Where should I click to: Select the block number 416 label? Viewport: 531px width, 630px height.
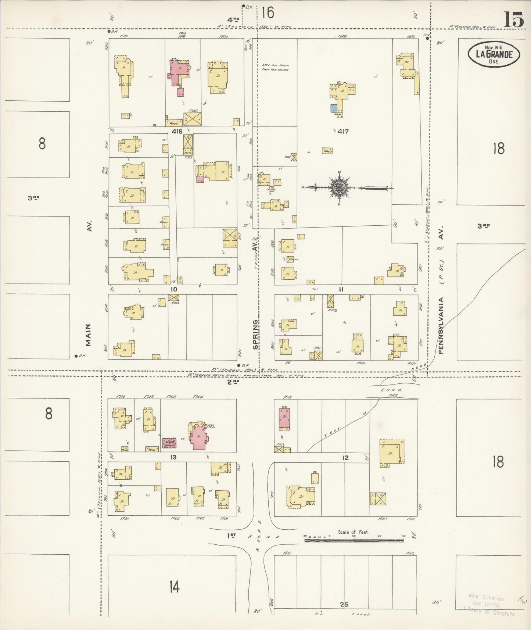tap(176, 131)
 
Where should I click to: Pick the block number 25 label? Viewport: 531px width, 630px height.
tap(344, 604)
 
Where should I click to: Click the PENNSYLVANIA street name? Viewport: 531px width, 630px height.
tap(441, 325)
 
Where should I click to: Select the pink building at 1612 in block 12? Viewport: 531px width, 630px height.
tap(284, 419)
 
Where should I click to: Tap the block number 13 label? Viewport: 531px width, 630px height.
tap(173, 458)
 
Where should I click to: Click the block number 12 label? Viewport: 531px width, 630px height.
tap(345, 458)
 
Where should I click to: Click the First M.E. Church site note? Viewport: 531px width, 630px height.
tap(276, 67)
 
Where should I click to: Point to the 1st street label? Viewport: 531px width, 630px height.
tap(231, 536)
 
